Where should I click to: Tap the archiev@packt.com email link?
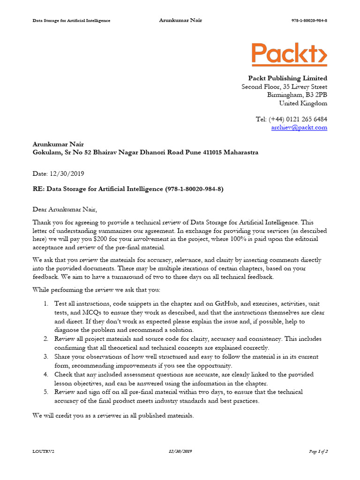[299, 127]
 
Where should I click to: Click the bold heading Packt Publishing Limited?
[287, 78]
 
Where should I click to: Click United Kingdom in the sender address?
[303, 104]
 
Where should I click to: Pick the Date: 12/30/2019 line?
[58, 173]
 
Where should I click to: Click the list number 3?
[46, 357]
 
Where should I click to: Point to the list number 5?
[46, 392]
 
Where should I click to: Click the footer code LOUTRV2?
[40, 451]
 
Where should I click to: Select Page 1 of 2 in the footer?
[318, 451]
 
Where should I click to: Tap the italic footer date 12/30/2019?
[180, 451]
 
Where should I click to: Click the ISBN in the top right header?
[309, 21]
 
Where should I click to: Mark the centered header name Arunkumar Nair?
[180, 20]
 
